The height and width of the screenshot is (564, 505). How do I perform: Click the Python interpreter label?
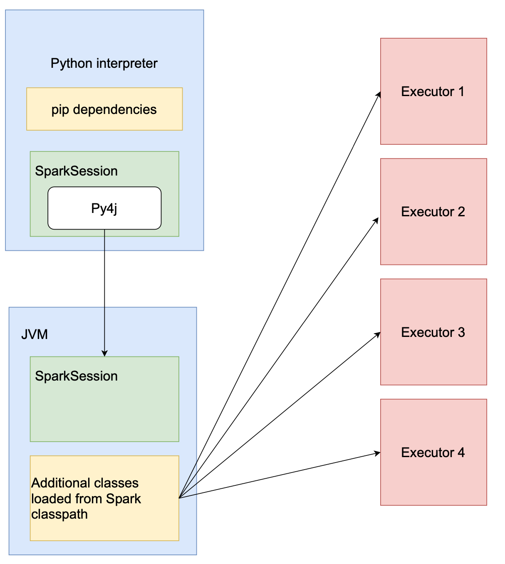tap(104, 64)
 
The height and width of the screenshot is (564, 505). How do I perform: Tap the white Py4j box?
tap(104, 208)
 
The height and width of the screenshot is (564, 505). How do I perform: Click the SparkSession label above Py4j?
tap(76, 171)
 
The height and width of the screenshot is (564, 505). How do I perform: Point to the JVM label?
tap(35, 334)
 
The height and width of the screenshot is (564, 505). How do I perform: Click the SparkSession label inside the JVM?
tap(76, 376)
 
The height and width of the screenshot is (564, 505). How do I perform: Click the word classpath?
tap(59, 515)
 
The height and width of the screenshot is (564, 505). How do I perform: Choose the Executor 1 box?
tap(433, 92)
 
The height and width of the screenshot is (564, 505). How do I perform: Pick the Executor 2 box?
tap(433, 212)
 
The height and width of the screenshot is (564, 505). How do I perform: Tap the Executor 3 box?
tap(433, 332)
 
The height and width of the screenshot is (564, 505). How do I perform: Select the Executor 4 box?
tap(433, 453)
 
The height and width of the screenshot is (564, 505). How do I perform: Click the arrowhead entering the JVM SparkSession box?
tap(104, 354)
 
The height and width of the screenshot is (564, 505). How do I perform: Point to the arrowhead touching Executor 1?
tap(379, 94)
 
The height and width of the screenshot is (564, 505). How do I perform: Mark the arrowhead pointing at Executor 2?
tap(376, 220)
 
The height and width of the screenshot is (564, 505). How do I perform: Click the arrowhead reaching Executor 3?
tap(378, 334)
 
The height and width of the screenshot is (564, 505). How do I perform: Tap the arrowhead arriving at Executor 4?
tap(378, 453)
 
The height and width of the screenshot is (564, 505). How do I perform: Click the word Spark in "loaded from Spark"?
tap(124, 499)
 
